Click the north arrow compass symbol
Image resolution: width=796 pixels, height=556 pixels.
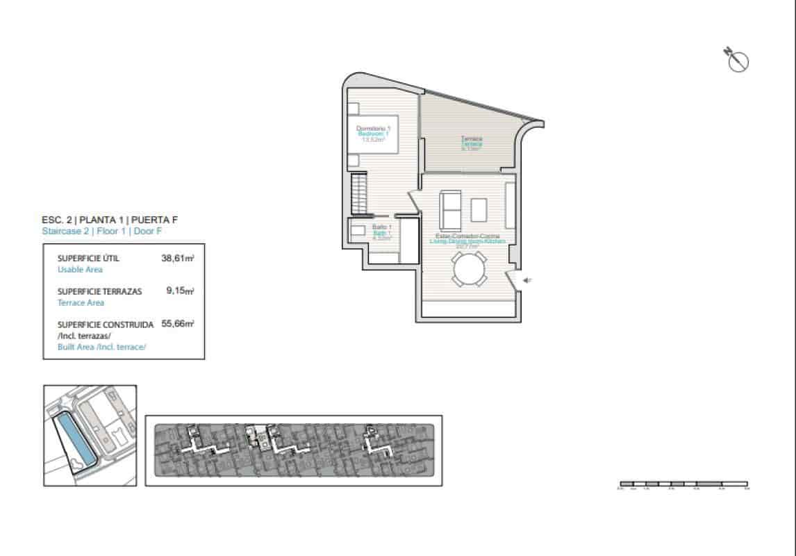pos(737,60)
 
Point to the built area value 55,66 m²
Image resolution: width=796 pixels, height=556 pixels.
pos(178,324)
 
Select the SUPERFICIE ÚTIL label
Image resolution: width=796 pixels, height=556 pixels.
pos(88,258)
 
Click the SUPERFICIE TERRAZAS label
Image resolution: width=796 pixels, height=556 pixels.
pos(99,291)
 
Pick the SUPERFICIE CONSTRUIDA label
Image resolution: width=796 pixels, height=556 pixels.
pos(105,324)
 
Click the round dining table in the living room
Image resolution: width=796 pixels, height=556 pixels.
pos(469,270)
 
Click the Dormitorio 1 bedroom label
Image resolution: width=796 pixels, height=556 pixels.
pos(374,129)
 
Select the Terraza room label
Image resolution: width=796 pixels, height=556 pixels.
pos(472,139)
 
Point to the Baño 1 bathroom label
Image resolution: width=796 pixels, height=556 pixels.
pos(382,227)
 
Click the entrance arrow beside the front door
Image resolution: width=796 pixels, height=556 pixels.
pos(528,281)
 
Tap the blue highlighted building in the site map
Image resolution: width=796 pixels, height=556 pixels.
pos(75,437)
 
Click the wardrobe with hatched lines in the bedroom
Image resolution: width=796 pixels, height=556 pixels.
pos(359,194)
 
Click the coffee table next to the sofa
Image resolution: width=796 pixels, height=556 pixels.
pos(479,209)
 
